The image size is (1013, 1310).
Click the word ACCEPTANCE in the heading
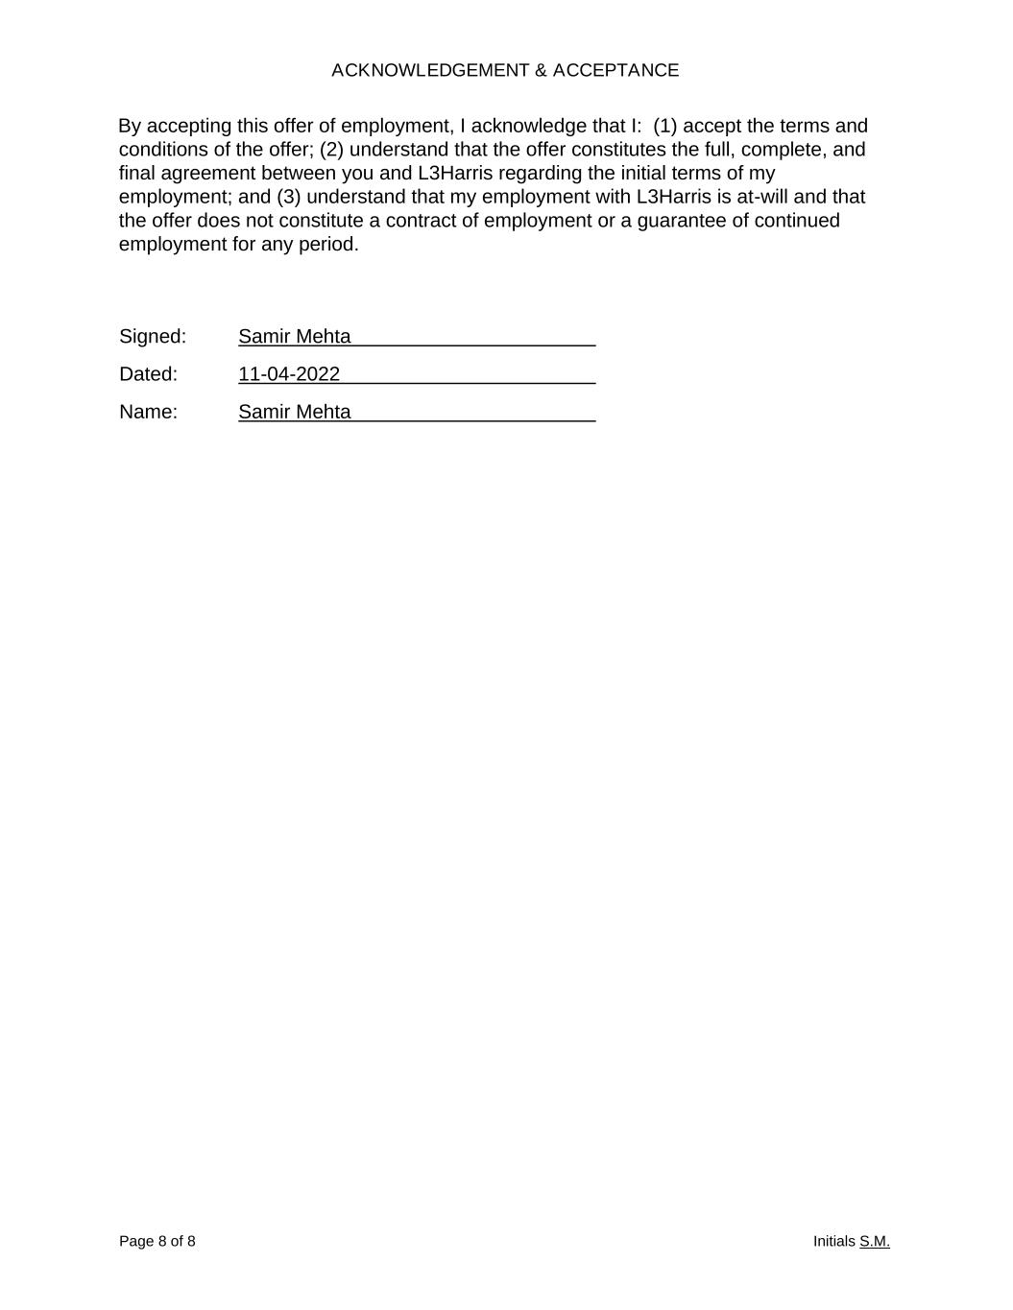pyautogui.click(x=615, y=70)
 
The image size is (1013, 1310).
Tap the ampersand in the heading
pyautogui.click(x=542, y=70)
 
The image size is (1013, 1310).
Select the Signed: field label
pyautogui.click(x=153, y=337)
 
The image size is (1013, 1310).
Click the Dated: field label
pyautogui.click(x=149, y=374)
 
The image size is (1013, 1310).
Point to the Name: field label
pyautogui.click(x=149, y=412)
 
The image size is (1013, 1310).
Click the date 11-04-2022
pyautogui.click(x=289, y=374)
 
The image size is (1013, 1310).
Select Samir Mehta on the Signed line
pyautogui.click(x=295, y=337)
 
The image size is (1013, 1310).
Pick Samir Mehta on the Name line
pyautogui.click(x=295, y=412)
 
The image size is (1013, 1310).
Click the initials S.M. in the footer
pyautogui.click(x=875, y=1242)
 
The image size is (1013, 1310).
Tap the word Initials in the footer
pyautogui.click(x=833, y=1242)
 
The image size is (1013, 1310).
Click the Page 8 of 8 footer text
pyautogui.click(x=157, y=1242)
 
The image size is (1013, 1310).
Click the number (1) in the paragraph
pyautogui.click(x=664, y=127)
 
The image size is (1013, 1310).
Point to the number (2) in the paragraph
pyautogui.click(x=332, y=150)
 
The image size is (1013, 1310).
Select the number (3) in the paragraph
pyautogui.click(x=289, y=197)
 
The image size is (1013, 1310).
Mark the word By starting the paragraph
pyautogui.click(x=130, y=127)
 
